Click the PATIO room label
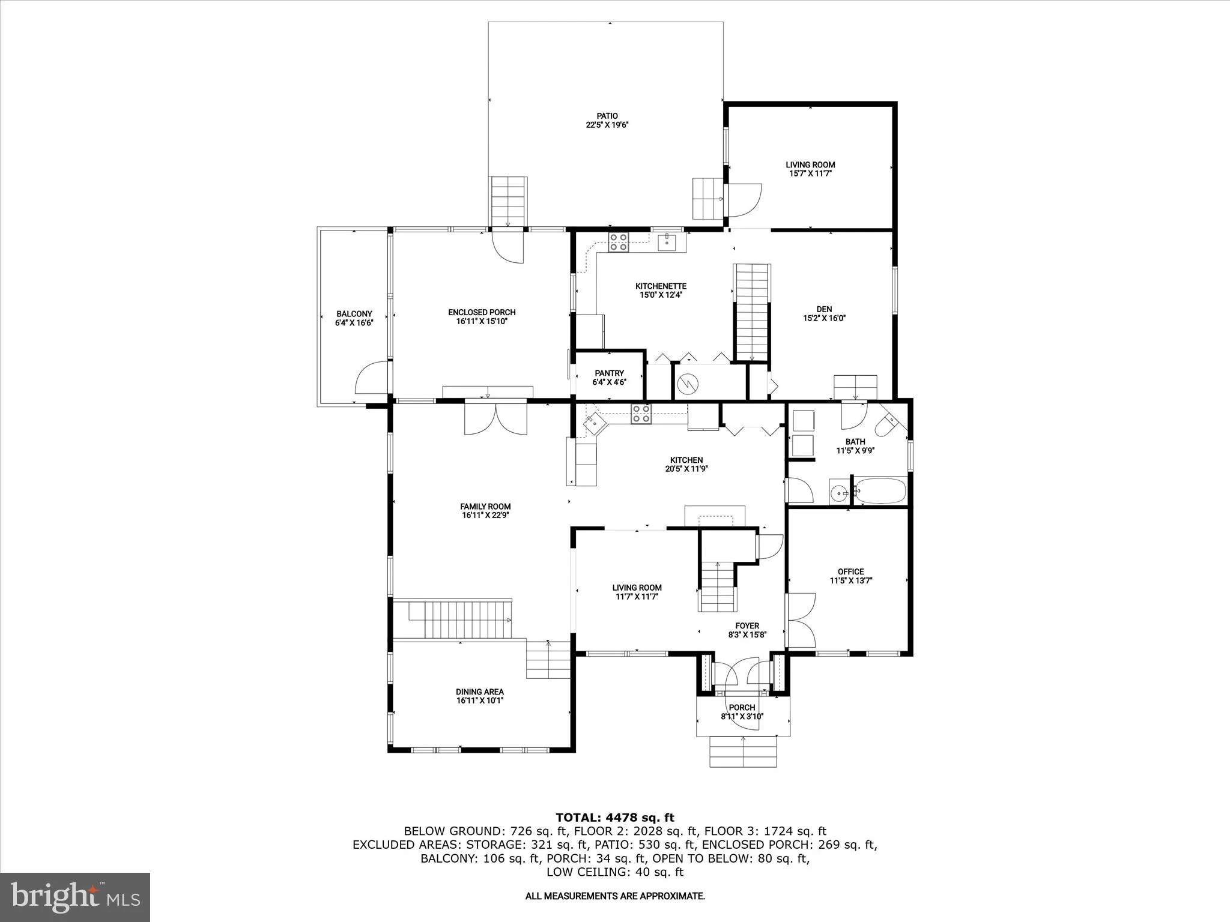pyautogui.click(x=607, y=116)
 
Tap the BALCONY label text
pyautogui.click(x=354, y=314)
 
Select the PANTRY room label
pyautogui.click(x=610, y=373)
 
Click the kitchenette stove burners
pyautogui.click(x=618, y=242)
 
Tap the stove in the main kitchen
pyautogui.click(x=641, y=414)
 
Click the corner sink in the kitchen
pyautogui.click(x=595, y=423)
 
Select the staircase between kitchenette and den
pyautogui.click(x=752, y=313)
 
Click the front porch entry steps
pyautogui.click(x=743, y=752)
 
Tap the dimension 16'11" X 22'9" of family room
pyautogui.click(x=485, y=515)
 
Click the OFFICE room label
pyautogui.click(x=851, y=571)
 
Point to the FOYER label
pyautogui.click(x=748, y=625)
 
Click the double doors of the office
pyautogui.click(x=801, y=620)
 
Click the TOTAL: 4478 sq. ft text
pyautogui.click(x=615, y=817)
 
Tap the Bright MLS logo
pyautogui.click(x=75, y=897)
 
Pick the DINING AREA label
pyautogui.click(x=480, y=691)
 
